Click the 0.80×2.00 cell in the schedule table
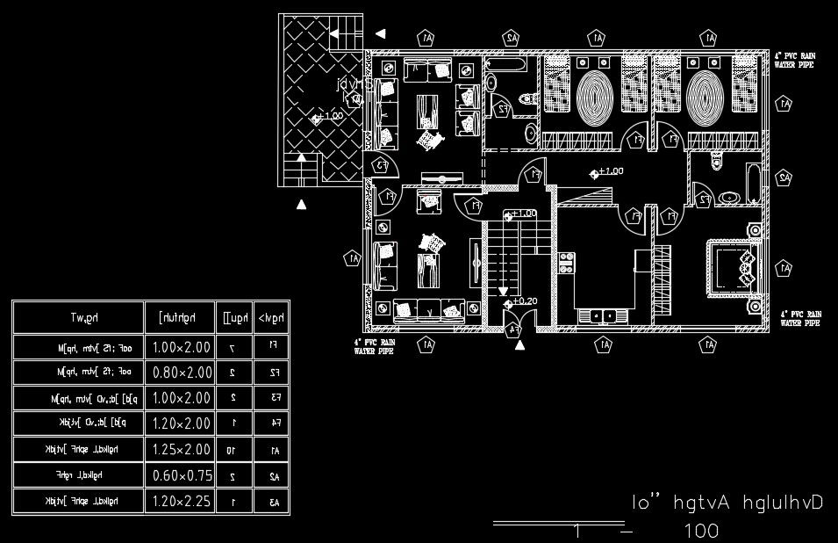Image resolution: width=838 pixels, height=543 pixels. [x=182, y=373]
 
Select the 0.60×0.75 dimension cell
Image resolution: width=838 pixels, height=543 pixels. [x=182, y=476]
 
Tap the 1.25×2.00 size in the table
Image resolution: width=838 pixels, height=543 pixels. [x=182, y=450]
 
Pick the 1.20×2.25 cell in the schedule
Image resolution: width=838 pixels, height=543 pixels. [x=182, y=502]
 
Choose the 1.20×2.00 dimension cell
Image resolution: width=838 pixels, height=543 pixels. [x=182, y=424]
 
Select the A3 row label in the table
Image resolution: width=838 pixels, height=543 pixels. [x=274, y=502]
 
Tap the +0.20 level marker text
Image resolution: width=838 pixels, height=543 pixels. [x=524, y=301]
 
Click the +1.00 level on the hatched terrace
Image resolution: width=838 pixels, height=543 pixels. [x=330, y=116]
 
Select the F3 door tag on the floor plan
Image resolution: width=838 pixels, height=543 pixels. [x=382, y=164]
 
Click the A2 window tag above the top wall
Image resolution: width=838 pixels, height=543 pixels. [x=511, y=38]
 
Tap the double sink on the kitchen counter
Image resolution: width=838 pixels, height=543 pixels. [x=600, y=314]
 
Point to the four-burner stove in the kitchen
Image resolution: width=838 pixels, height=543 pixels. [x=566, y=261]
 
